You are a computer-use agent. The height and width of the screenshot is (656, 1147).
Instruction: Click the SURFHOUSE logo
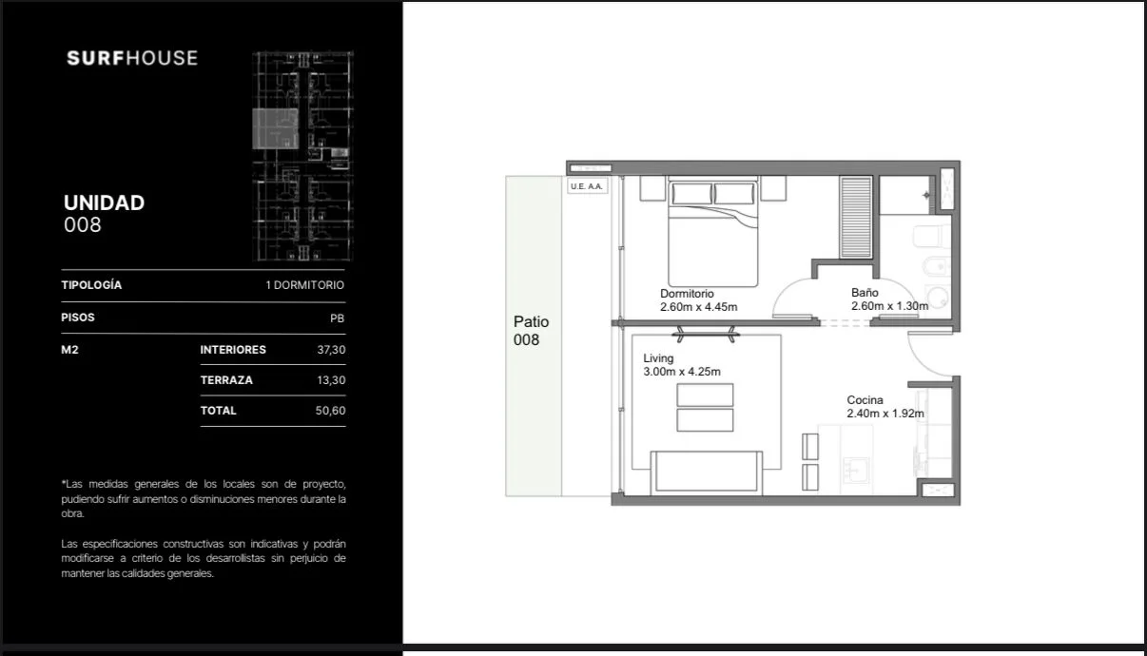click(x=132, y=58)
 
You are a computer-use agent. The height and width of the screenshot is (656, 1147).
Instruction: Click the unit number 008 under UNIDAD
click(x=83, y=225)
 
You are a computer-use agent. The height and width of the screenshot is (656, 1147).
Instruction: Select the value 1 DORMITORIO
click(x=304, y=285)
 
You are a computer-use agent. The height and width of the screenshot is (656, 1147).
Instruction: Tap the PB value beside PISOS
click(x=337, y=318)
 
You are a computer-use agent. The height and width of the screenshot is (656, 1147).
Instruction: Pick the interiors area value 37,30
click(x=331, y=350)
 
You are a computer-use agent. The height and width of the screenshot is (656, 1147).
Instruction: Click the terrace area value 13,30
click(x=331, y=380)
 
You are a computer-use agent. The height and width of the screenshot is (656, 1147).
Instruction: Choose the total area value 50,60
click(x=330, y=411)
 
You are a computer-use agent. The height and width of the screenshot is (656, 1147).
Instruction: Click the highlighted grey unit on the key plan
click(x=276, y=128)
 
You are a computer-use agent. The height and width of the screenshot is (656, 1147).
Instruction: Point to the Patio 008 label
click(x=531, y=331)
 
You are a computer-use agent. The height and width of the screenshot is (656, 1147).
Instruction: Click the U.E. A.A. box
click(x=587, y=186)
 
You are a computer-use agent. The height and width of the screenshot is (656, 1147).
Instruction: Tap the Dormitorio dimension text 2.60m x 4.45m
click(x=698, y=307)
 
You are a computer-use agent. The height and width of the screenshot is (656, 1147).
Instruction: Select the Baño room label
click(x=865, y=293)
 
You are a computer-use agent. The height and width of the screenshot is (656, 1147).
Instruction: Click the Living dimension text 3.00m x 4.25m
click(x=682, y=372)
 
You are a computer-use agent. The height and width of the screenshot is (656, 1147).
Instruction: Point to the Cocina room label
click(x=865, y=399)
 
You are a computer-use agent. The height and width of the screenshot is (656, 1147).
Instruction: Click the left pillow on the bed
click(x=691, y=194)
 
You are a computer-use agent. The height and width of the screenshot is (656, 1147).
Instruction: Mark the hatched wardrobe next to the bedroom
click(x=856, y=218)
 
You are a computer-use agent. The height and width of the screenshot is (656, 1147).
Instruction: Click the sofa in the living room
click(x=706, y=473)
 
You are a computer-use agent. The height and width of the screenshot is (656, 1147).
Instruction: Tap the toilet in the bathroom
click(x=931, y=237)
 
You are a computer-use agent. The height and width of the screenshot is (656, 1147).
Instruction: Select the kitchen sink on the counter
click(x=855, y=470)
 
